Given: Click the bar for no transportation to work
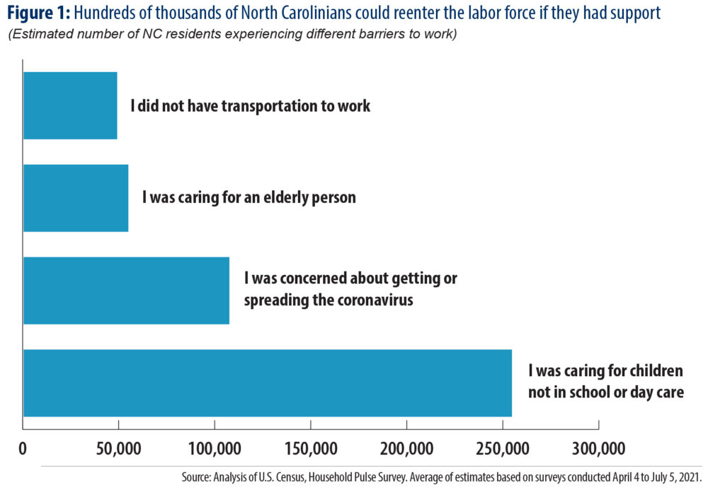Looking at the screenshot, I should click(69, 105).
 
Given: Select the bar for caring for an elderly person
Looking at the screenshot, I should click(75, 197).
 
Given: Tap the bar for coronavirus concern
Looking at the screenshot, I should click(126, 290).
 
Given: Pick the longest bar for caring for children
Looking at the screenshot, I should click(267, 383).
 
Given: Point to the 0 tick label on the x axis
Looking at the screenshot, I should click(23, 448).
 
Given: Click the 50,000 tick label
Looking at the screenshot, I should click(118, 448).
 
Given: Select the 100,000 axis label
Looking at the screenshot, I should click(215, 448).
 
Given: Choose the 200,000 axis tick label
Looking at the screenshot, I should click(406, 448).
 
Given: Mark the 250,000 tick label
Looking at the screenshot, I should click(502, 448).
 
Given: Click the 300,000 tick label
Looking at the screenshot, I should click(598, 448).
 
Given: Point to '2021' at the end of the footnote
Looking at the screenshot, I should click(689, 478).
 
